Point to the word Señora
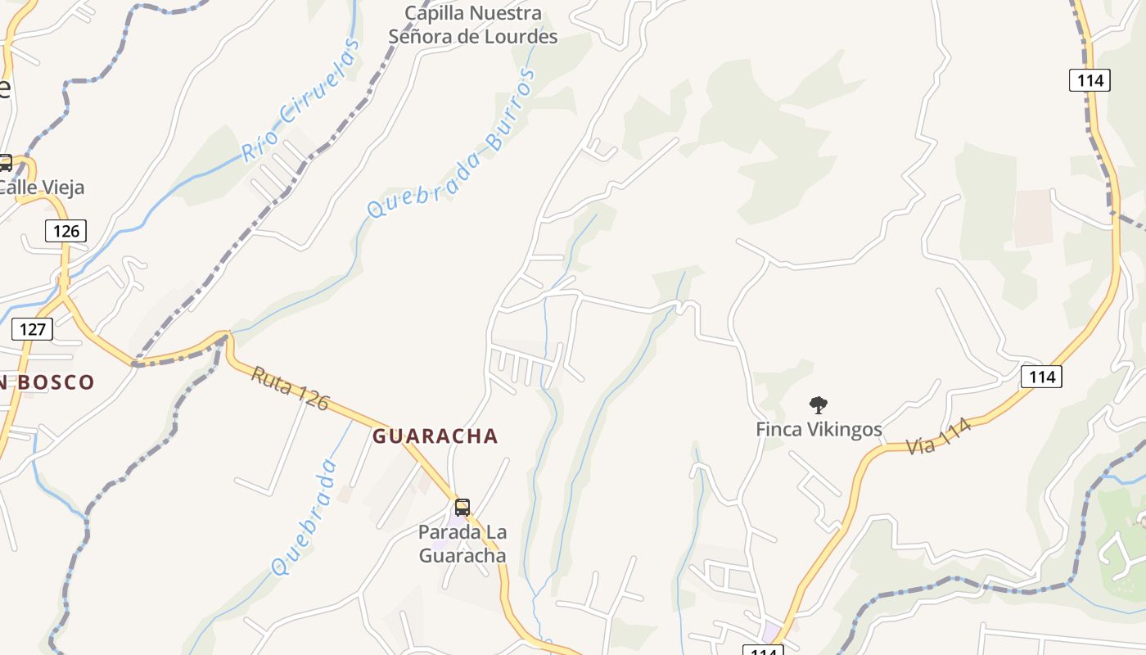tap(421, 37)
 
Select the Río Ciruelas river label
tap(300, 100)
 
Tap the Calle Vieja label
tap(41, 187)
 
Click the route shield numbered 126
tap(66, 231)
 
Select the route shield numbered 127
tap(33, 329)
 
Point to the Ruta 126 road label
tap(290, 388)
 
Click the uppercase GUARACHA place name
tap(435, 436)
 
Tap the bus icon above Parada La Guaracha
tap(462, 507)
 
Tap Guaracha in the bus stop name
tap(462, 556)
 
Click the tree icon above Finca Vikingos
tap(818, 404)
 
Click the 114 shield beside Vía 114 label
tap(1041, 377)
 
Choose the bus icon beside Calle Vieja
tap(5, 163)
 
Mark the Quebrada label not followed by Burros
tap(305, 517)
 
